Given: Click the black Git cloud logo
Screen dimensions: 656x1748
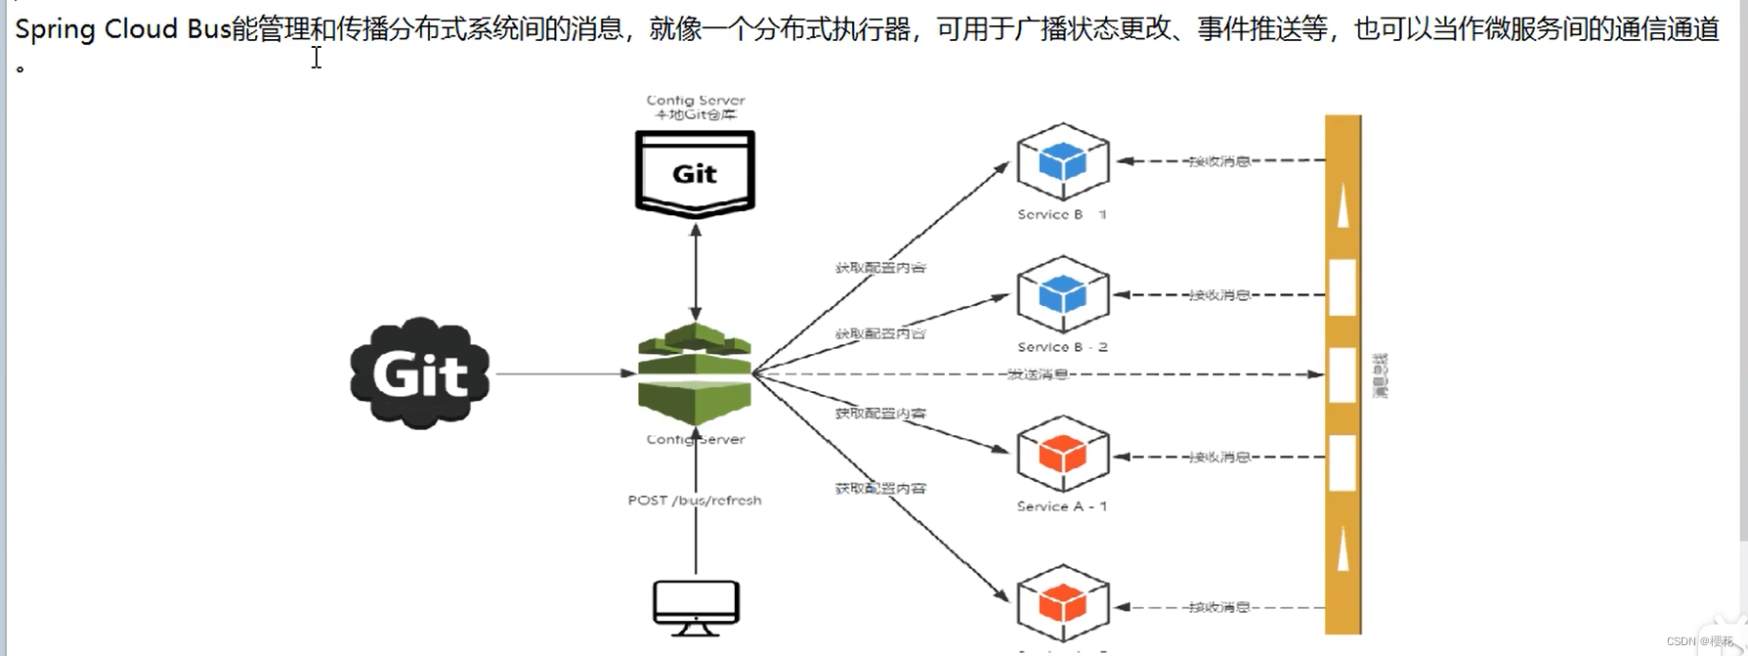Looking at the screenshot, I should click(420, 373).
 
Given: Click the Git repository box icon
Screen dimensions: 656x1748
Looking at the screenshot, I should click(695, 173).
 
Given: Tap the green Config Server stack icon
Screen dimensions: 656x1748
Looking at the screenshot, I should click(695, 373).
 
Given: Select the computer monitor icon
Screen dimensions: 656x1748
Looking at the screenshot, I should click(696, 606).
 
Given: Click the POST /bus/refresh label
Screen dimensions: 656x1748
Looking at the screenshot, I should click(695, 501).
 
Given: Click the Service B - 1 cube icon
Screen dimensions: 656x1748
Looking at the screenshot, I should click(1062, 161).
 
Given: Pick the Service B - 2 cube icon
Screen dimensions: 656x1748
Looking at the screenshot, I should click(1062, 294).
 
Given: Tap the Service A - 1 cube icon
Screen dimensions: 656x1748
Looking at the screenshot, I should click(1062, 455).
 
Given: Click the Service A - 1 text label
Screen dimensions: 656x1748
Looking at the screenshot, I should click(1062, 506).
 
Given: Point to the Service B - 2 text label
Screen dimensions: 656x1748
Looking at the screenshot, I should click(1062, 347).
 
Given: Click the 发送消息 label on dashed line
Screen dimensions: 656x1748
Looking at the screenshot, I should click(1038, 374).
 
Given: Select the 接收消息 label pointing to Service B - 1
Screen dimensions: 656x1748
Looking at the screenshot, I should click(1219, 161).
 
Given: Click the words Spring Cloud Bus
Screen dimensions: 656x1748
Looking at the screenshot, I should click(122, 29).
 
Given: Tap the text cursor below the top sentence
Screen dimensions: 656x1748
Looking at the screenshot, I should click(317, 58).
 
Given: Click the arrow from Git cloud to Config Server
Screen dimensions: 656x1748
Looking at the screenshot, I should click(562, 373).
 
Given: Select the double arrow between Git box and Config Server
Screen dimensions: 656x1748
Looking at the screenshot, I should click(696, 272).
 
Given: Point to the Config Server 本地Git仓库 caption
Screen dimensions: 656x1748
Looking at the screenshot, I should click(695, 108).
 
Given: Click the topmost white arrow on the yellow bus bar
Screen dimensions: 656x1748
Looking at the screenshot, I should click(1343, 206).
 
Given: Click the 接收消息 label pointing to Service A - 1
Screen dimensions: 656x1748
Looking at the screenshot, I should click(1219, 457).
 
